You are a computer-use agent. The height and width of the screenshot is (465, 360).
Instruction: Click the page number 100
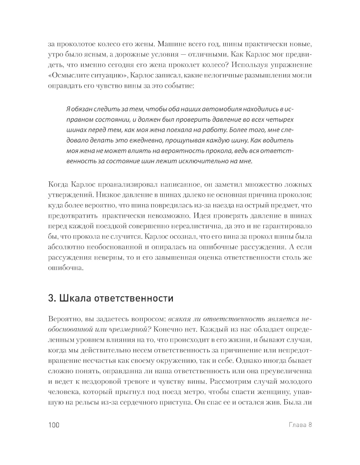click(53, 425)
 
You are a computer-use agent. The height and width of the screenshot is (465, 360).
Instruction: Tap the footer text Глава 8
click(300, 425)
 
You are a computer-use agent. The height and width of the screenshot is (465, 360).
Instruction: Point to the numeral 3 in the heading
click(50, 298)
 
